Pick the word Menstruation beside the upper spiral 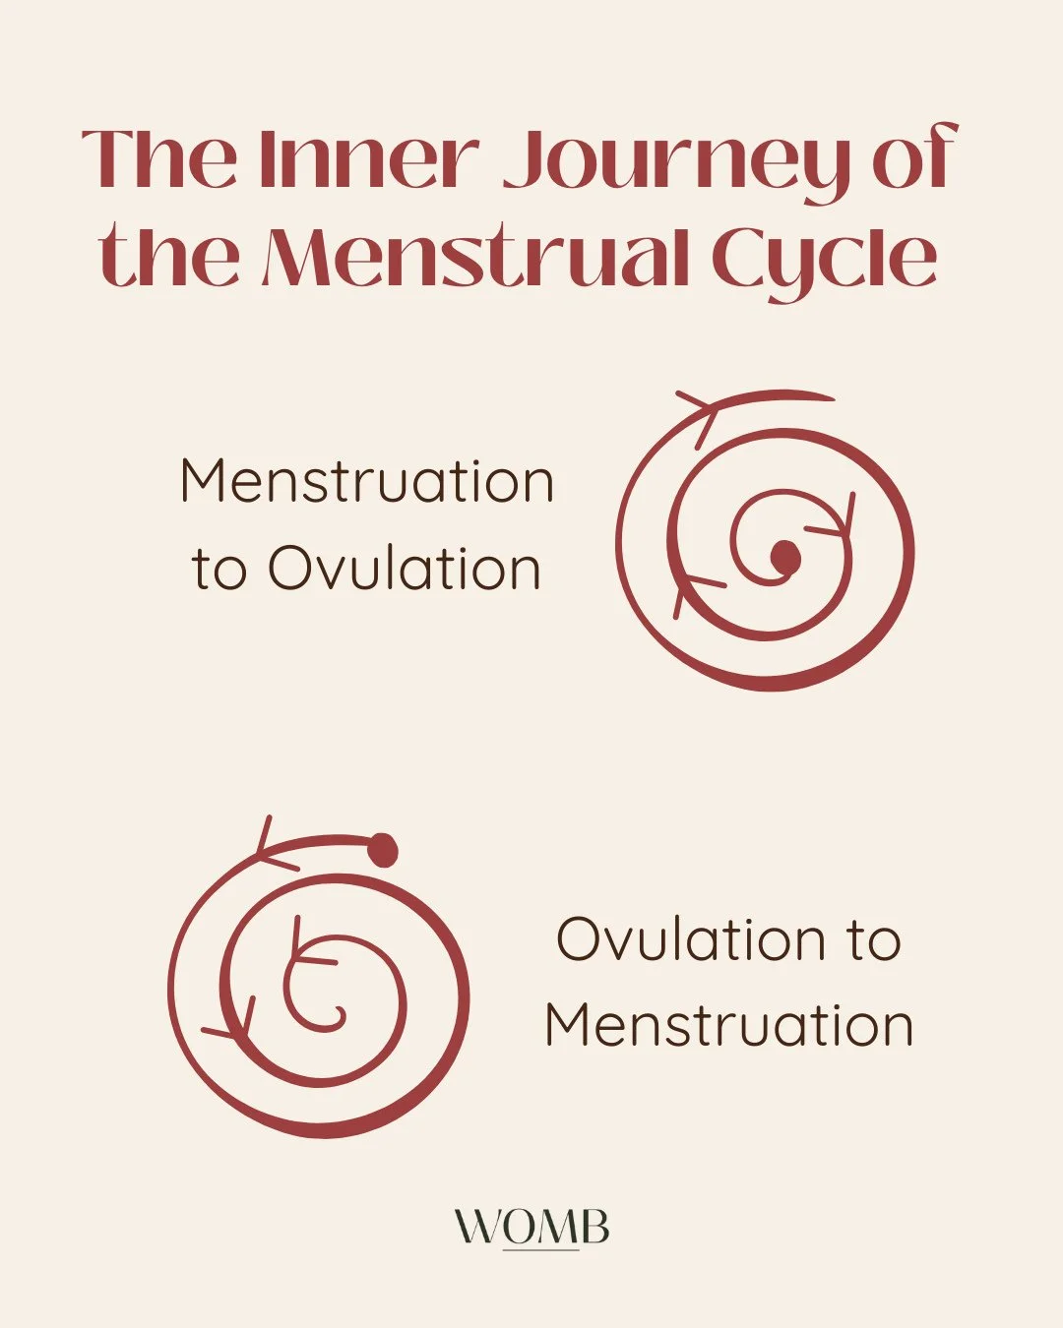click(x=367, y=482)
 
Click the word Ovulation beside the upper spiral click(x=405, y=569)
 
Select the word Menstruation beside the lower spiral click(x=729, y=1025)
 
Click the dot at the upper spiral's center click(x=784, y=557)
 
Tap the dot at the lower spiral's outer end click(x=383, y=850)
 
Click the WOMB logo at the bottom click(x=531, y=1228)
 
